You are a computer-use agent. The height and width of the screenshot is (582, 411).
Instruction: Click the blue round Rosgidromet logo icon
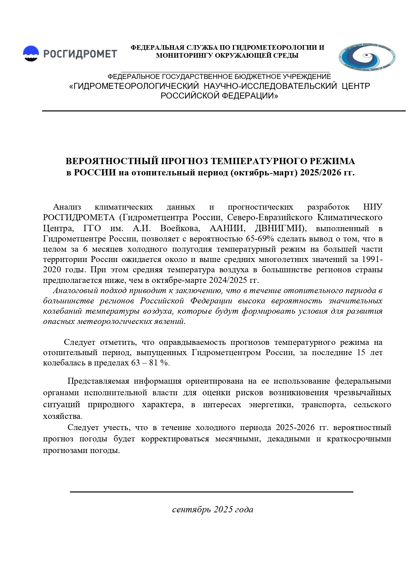tap(31, 53)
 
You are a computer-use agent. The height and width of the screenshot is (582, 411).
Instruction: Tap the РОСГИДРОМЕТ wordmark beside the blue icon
tap(80, 54)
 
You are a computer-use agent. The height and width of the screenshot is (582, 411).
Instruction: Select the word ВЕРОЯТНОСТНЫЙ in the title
tap(112, 162)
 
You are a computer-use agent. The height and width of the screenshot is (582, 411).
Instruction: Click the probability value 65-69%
tap(257, 239)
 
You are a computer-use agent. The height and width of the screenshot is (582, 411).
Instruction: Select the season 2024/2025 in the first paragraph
tap(229, 280)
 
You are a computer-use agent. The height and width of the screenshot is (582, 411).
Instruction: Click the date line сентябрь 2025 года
tap(213, 510)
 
